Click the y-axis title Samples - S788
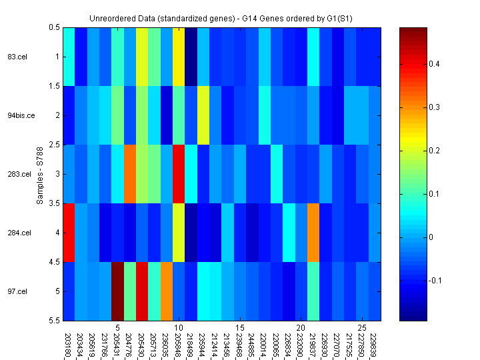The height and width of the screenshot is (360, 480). click(x=40, y=174)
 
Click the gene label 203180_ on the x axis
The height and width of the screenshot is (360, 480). click(x=68, y=344)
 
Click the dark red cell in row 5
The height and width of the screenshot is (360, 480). click(x=117, y=291)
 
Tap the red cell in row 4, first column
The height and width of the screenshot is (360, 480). click(x=68, y=233)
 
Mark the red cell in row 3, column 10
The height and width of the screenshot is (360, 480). click(x=179, y=174)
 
